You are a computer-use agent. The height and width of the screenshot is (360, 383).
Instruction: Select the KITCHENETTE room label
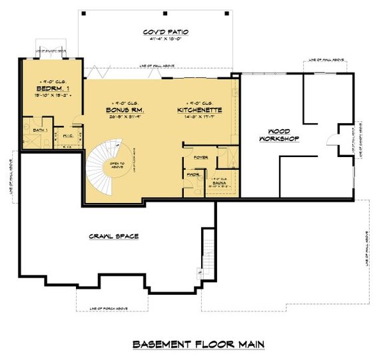pyautogui.click(x=199, y=109)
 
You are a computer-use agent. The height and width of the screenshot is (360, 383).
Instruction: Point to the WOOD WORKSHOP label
pyautogui.click(x=278, y=136)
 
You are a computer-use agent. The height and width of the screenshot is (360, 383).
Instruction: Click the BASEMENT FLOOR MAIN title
pyautogui.click(x=198, y=344)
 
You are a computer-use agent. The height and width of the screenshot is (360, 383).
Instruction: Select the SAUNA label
pyautogui.click(x=220, y=183)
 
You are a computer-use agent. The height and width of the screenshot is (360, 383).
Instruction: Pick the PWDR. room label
pyautogui.click(x=195, y=176)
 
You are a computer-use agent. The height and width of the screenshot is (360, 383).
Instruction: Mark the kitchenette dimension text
pyautogui.click(x=199, y=116)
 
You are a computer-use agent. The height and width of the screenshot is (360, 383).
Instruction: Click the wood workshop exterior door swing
pyautogui.click(x=331, y=140)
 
